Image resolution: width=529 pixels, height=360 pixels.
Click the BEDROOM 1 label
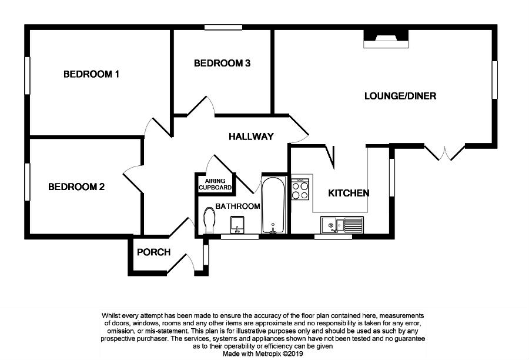[92, 74]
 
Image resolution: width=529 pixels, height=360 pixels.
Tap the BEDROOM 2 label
[76, 187]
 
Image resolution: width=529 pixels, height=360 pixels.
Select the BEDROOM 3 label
[223, 64]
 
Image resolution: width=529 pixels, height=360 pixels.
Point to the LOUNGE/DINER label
[400, 96]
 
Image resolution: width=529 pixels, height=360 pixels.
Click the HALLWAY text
[251, 136]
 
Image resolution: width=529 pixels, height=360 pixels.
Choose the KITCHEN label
[349, 193]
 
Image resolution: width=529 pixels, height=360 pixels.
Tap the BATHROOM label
[237, 206]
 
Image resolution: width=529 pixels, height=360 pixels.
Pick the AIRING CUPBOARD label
[215, 184]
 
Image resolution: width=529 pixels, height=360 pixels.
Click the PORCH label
[153, 252]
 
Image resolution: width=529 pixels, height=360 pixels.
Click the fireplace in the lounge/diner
[386, 39]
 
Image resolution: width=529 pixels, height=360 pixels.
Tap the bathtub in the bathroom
[273, 205]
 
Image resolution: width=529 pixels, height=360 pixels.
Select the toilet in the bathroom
[208, 221]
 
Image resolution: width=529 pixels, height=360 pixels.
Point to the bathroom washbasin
[238, 224]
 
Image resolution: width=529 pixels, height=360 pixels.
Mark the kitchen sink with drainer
[343, 224]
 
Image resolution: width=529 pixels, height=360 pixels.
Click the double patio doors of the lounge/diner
[445, 151]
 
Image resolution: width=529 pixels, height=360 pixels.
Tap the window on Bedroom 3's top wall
[223, 26]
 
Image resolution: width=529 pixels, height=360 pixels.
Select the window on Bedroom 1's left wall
[26, 75]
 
